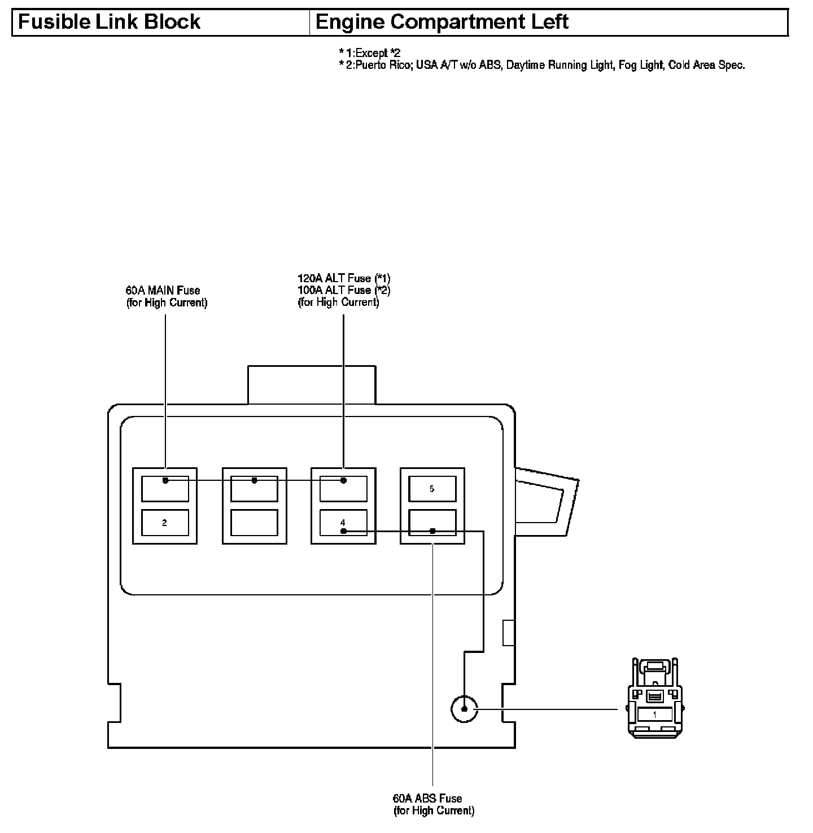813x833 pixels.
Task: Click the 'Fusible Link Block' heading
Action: click(x=110, y=23)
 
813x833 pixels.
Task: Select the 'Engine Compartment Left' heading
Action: click(x=442, y=23)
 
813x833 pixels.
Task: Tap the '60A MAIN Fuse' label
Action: click(x=163, y=291)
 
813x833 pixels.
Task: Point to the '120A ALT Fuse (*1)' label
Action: click(x=344, y=278)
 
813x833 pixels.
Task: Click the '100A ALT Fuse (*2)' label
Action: click(x=344, y=290)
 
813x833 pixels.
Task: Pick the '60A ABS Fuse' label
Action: click(x=427, y=799)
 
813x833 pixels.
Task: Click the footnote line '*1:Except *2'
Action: click(x=370, y=53)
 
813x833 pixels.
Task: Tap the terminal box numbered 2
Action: click(x=164, y=523)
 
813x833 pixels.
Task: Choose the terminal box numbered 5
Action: click(x=432, y=489)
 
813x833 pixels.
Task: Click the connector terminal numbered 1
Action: click(x=654, y=714)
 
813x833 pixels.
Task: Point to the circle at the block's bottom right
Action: click(x=464, y=709)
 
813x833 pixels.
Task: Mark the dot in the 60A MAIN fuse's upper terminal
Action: click(x=165, y=480)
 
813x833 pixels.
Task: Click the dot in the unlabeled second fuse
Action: click(x=254, y=480)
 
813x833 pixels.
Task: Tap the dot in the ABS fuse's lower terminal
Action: click(x=432, y=531)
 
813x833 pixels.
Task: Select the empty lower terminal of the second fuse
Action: click(x=254, y=523)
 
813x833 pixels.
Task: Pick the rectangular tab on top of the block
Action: click(x=311, y=385)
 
